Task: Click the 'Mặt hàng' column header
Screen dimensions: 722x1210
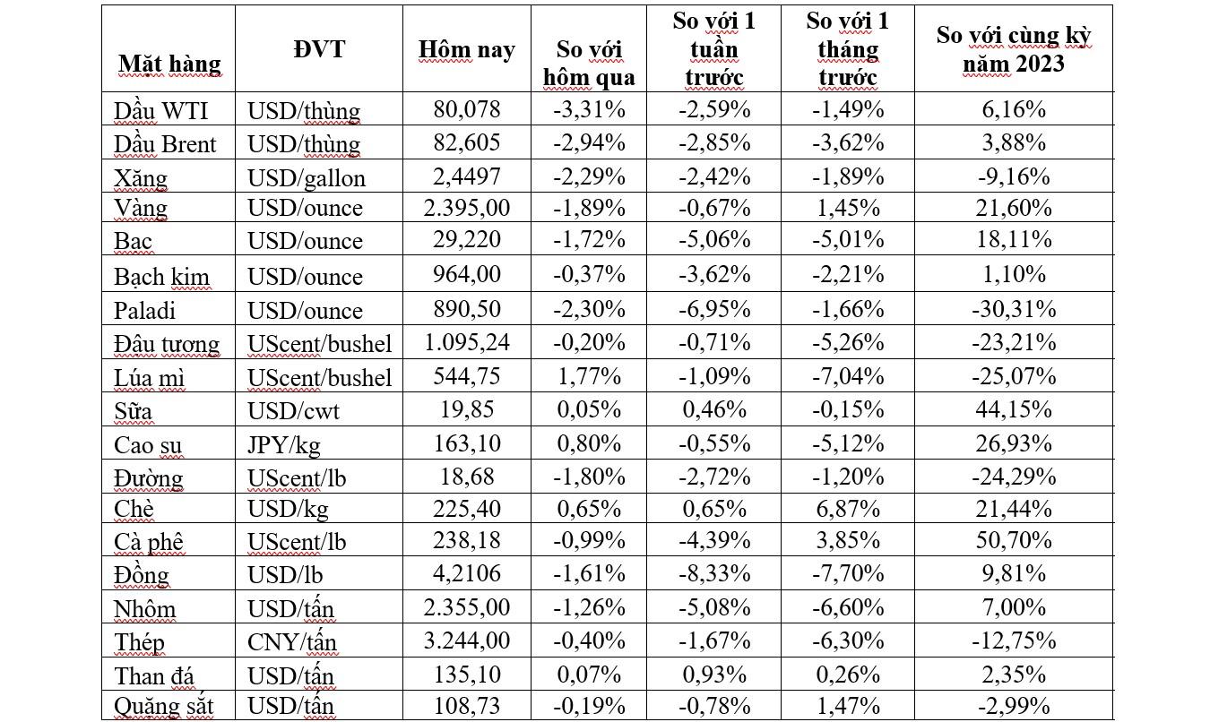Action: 169,64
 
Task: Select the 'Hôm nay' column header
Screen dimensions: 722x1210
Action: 466,49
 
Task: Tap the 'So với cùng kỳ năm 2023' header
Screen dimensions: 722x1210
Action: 1013,49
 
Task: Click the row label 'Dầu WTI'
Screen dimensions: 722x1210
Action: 161,109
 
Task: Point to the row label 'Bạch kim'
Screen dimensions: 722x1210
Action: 161,277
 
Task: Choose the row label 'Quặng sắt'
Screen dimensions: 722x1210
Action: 163,705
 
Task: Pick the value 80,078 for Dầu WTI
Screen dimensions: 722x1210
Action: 466,109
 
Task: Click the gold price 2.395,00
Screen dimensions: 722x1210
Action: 466,209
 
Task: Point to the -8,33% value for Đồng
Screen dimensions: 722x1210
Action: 713,574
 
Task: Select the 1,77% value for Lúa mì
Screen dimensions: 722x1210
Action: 588,376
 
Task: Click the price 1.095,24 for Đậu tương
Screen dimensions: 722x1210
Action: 466,343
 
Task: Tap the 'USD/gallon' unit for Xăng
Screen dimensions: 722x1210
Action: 307,177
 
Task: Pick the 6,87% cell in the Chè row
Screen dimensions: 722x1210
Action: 847,509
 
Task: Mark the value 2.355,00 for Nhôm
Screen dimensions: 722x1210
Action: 466,607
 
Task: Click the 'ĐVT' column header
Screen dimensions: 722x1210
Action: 318,49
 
